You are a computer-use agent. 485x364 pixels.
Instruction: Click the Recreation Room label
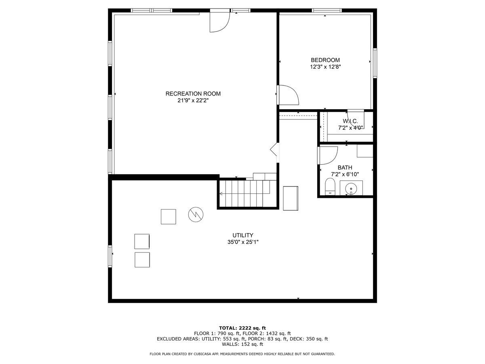[193, 94]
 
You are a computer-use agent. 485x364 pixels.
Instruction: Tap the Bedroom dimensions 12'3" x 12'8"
[325, 67]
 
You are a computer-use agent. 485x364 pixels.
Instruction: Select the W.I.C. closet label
[350, 121]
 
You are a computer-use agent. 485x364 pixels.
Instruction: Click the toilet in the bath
[330, 186]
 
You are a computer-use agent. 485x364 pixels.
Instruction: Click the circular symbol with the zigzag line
[196, 214]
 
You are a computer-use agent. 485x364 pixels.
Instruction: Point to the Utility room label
[242, 235]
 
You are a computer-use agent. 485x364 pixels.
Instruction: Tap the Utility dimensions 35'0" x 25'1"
[243, 242]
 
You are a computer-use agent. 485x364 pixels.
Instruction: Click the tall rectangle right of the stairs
[291, 198]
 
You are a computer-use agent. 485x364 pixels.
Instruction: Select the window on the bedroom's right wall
[375, 63]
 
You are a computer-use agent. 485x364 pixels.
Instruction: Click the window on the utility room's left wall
[110, 256]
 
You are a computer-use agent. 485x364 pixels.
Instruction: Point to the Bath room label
[345, 167]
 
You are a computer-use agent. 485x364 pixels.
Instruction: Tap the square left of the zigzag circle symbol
[168, 217]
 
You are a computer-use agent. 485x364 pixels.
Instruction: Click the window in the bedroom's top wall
[327, 11]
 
